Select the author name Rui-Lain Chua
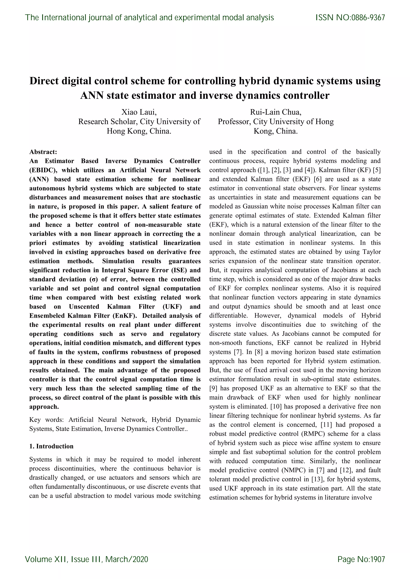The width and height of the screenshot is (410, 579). (276, 112)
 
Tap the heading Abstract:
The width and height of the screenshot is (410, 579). (43, 152)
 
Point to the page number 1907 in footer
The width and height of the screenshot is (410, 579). (377, 559)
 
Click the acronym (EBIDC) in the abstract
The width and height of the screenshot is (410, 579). (42, 170)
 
